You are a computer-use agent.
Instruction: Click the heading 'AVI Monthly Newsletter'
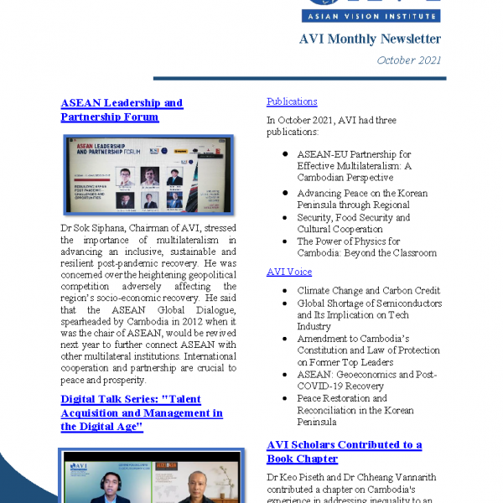(370, 39)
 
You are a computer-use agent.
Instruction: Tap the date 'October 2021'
(408, 60)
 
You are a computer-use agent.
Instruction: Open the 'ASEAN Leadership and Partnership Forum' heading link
(122, 110)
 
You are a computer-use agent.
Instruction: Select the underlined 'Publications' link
(292, 101)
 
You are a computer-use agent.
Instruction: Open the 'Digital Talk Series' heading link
(142, 412)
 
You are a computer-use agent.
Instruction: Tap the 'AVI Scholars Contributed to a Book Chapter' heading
(344, 451)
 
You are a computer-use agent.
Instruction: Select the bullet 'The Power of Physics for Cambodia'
(366, 247)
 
